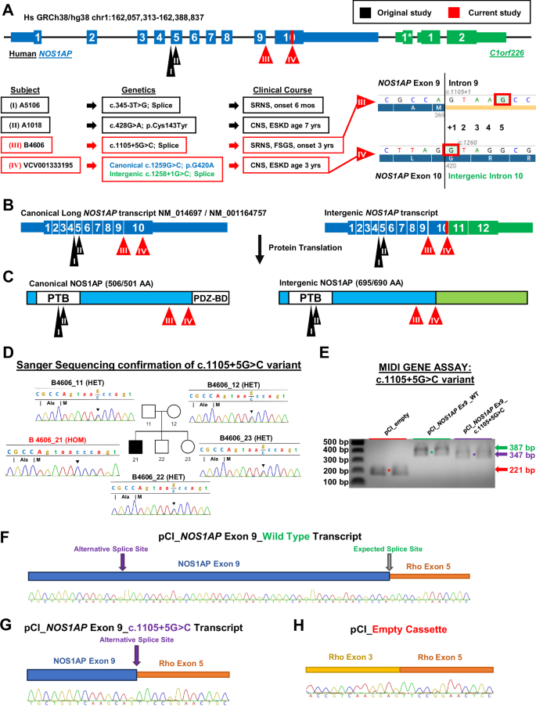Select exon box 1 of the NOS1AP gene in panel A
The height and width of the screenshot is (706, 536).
point(38,38)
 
